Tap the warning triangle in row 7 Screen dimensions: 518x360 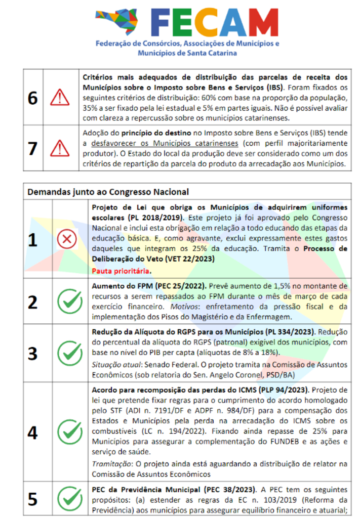point(60,148)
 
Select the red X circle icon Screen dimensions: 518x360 point(66,239)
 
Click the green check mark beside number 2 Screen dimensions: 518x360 point(66,301)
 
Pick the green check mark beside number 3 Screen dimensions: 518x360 point(66,352)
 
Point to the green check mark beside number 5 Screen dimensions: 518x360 point(66,498)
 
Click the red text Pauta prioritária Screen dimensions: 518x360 point(117,271)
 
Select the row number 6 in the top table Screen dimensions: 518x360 point(33,97)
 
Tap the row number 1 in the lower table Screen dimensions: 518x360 point(33,239)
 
